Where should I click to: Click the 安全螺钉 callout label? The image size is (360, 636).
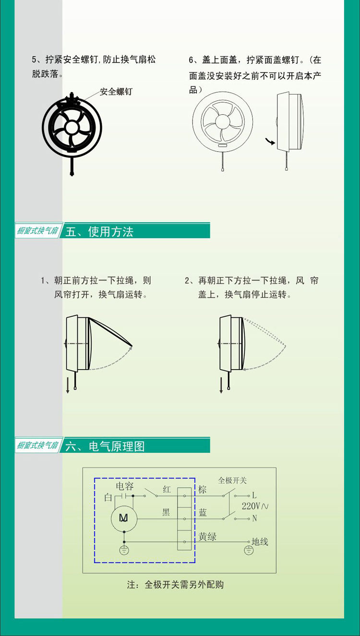pos(116,92)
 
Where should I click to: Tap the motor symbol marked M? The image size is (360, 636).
pos(124,518)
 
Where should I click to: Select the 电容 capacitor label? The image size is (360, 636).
pos(125,486)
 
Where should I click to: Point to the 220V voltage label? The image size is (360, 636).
pos(255,506)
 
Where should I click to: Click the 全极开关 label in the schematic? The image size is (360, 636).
pos(232,480)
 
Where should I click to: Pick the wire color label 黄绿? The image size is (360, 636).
pos(207,537)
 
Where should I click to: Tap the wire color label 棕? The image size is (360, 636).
pos(203,490)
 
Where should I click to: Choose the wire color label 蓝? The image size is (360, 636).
pos(203,513)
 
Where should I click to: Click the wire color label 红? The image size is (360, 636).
pos(167,490)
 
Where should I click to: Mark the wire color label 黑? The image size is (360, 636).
pos(166,512)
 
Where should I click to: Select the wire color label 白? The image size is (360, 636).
pos(108,497)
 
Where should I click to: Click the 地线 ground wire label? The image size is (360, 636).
pos(260,541)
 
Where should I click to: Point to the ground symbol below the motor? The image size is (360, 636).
pos(124,550)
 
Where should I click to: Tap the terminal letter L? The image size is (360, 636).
pos(254,495)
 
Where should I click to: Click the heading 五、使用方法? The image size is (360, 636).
pos(99,232)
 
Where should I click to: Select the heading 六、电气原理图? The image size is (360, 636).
pos(105,446)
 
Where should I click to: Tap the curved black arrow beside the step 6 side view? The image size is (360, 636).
pos(270,141)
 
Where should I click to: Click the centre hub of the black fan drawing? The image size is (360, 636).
pos(72,128)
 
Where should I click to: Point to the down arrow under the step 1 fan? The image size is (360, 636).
pos(68,385)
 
